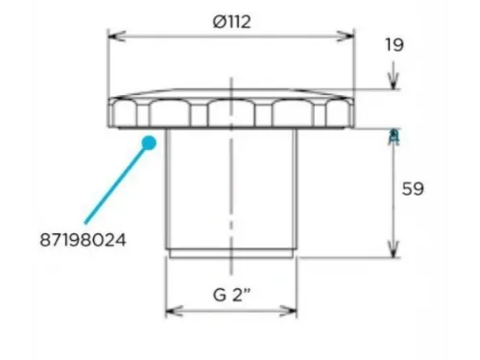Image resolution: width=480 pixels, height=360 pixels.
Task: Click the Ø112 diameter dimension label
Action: (231, 22)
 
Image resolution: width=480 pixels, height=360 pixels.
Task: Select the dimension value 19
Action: (395, 45)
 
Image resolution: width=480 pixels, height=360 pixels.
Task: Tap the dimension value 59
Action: (413, 189)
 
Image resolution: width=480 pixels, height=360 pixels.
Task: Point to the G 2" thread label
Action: (231, 295)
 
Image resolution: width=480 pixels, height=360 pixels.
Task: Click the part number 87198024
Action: (83, 240)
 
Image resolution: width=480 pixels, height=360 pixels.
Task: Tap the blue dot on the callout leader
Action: (149, 143)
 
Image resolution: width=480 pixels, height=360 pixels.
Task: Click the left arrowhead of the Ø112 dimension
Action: (117, 36)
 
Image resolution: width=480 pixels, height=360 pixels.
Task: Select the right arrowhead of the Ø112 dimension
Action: (346, 36)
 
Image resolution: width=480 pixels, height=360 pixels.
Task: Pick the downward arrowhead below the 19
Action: (394, 81)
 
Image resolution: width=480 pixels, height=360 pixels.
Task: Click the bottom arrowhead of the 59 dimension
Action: (394, 249)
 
